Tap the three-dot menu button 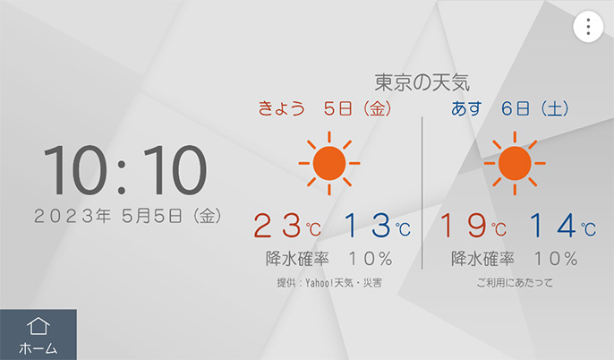point(588,27)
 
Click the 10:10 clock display point(125,169)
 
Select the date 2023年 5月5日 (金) point(128,216)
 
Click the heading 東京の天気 point(422,82)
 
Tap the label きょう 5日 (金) point(325,108)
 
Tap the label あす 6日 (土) point(510,108)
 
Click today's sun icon point(329,163)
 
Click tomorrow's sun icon point(515,163)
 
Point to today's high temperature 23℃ point(287,226)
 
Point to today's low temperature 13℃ point(378,226)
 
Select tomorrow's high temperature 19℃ point(473,226)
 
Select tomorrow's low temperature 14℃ point(563,226)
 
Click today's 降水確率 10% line point(329,259)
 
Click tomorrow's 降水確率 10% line point(515,259)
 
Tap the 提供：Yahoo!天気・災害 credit point(329,283)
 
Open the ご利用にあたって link point(515,283)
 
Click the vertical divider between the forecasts point(422,193)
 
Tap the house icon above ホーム point(38,326)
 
